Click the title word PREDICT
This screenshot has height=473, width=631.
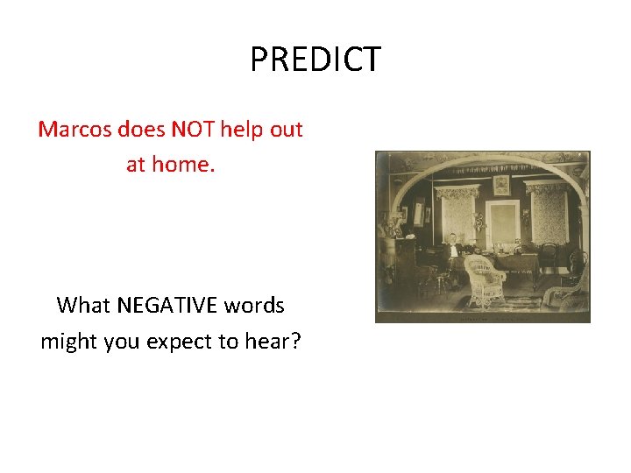pyautogui.click(x=315, y=60)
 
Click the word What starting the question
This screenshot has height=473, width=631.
pyautogui.click(x=83, y=306)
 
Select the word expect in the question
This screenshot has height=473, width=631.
pyautogui.click(x=180, y=341)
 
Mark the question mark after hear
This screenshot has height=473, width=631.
pyautogui.click(x=295, y=341)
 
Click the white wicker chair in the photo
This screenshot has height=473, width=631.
pyautogui.click(x=485, y=279)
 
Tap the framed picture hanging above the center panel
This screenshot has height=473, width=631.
pyautogui.click(x=501, y=185)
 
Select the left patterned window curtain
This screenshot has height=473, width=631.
pyautogui.click(x=457, y=215)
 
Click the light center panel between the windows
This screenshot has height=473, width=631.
pyautogui.click(x=502, y=223)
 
